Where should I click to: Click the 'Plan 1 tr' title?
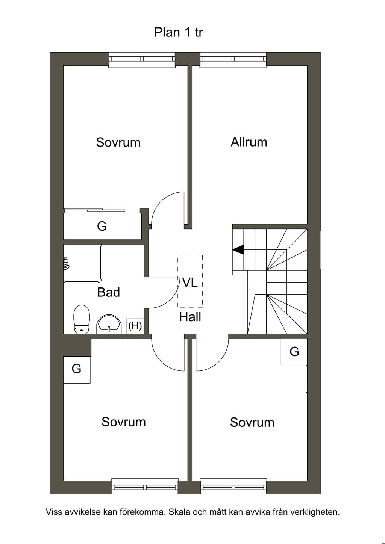tap(178, 32)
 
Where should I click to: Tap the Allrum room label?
tap(249, 142)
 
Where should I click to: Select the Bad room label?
tap(108, 292)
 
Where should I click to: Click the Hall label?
tap(190, 317)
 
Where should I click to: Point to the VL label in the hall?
tap(190, 283)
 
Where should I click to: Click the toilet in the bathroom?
tap(82, 319)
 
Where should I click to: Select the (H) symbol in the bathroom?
tap(135, 325)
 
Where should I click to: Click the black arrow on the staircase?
tap(238, 249)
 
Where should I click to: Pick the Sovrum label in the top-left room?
tap(118, 142)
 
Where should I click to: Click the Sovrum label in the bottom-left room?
tap(123, 422)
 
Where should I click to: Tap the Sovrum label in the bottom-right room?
tap(252, 422)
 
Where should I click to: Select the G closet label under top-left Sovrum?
tap(102, 226)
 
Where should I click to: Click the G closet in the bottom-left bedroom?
tap(76, 369)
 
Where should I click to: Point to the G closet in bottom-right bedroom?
tap(294, 352)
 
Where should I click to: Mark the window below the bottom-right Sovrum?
tap(233, 487)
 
